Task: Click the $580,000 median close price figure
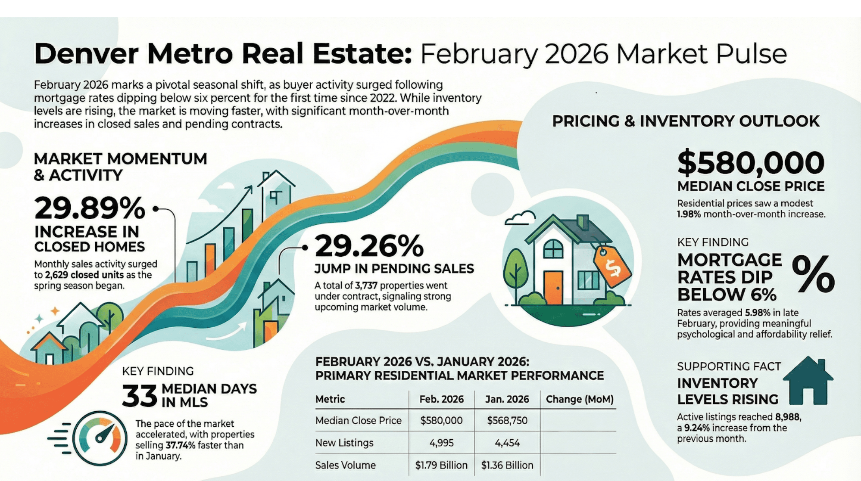coord(750,163)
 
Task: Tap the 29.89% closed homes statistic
coord(90,208)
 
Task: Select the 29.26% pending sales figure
coord(369,246)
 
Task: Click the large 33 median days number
coord(139,396)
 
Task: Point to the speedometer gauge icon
coord(100,438)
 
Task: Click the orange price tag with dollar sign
coord(612,266)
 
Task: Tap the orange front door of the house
coord(553,287)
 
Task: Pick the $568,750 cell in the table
coord(507,421)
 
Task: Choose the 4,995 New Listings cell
coord(441,443)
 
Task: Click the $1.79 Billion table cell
coord(441,465)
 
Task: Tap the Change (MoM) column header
coord(579,399)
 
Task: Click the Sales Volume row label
coord(345,465)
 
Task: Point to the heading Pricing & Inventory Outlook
coord(686,121)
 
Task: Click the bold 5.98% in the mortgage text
coord(757,313)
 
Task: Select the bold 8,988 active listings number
coord(787,417)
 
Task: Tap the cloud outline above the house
coord(520,218)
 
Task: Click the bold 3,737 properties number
coord(366,286)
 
